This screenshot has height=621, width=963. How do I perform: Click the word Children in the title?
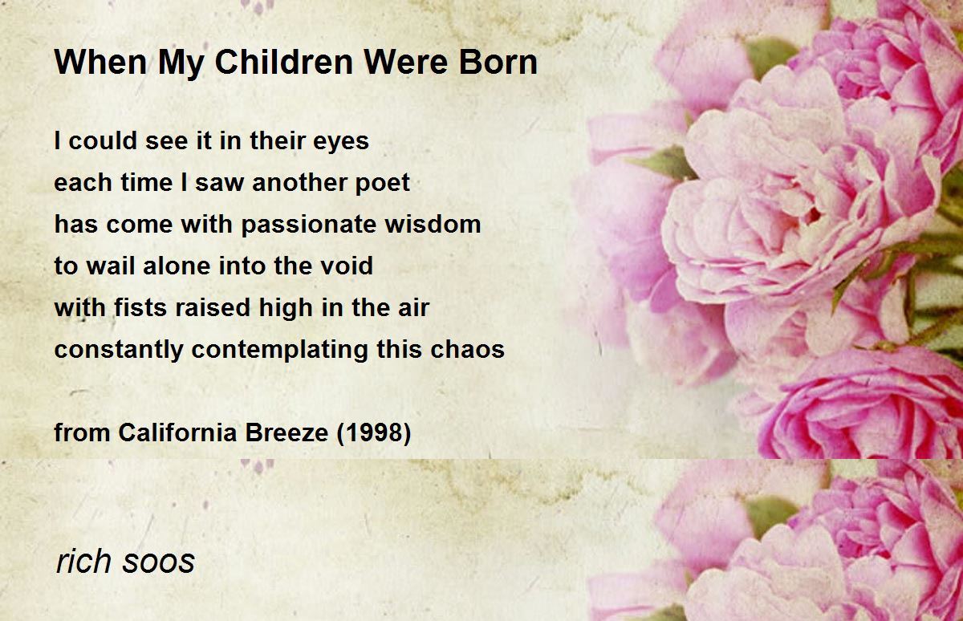click(x=284, y=63)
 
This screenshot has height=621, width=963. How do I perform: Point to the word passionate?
click(x=309, y=225)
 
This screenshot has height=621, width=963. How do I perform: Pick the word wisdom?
click(x=433, y=225)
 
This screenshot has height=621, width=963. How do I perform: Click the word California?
click(x=177, y=432)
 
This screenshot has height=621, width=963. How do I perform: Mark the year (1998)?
click(x=374, y=433)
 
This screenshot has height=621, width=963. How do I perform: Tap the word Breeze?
click(x=286, y=432)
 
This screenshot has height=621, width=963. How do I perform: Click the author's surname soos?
click(x=159, y=562)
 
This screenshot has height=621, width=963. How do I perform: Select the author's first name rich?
click(x=83, y=561)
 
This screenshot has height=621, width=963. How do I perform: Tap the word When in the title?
click(x=100, y=63)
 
